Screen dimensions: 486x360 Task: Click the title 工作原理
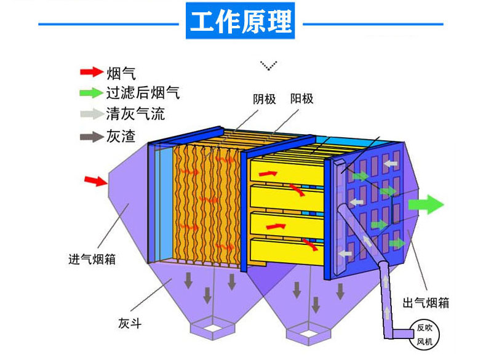tap(240, 21)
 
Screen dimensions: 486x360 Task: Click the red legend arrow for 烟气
tap(92, 72)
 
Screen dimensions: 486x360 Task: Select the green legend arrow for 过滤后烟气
tap(92, 93)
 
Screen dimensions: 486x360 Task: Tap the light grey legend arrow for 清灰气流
tap(92, 114)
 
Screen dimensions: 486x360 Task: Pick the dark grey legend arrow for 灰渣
tap(92, 137)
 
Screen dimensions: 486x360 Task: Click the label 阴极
tap(264, 99)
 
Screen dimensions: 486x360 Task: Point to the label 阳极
tap(301, 98)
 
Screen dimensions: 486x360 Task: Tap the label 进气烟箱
tap(92, 259)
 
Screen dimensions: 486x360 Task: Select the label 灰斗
tap(130, 323)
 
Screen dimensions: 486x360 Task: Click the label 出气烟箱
tap(426, 303)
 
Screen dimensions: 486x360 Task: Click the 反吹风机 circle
tap(424, 335)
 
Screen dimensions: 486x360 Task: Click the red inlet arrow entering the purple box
tap(96, 180)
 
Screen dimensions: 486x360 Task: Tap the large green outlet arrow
tap(426, 204)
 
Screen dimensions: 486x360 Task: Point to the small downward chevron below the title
tap(269, 65)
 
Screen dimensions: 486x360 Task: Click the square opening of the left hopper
tap(213, 327)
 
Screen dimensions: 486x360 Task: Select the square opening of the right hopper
tap(308, 334)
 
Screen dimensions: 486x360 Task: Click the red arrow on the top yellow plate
tap(268, 174)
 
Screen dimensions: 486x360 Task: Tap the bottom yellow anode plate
tap(287, 250)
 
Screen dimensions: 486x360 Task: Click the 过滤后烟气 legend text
tap(143, 93)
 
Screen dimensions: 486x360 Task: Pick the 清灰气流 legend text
tap(135, 114)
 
